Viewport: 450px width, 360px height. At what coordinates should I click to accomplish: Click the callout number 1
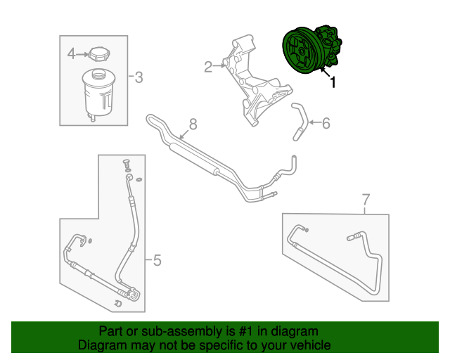[333, 82]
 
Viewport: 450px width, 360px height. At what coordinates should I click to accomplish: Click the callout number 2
[208, 67]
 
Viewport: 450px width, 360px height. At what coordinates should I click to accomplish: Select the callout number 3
[139, 77]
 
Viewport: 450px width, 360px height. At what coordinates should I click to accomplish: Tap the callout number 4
[71, 53]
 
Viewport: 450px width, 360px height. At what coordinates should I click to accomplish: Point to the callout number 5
[157, 261]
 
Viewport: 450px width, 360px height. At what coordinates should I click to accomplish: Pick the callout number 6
[326, 123]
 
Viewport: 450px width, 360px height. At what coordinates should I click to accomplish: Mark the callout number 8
[193, 124]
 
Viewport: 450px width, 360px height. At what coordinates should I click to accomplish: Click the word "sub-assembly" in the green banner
[172, 331]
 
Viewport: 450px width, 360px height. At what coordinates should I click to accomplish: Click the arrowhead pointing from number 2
[223, 66]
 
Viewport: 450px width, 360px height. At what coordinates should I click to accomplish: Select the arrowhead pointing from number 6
[309, 123]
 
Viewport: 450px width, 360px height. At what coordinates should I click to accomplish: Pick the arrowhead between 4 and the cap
[84, 53]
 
